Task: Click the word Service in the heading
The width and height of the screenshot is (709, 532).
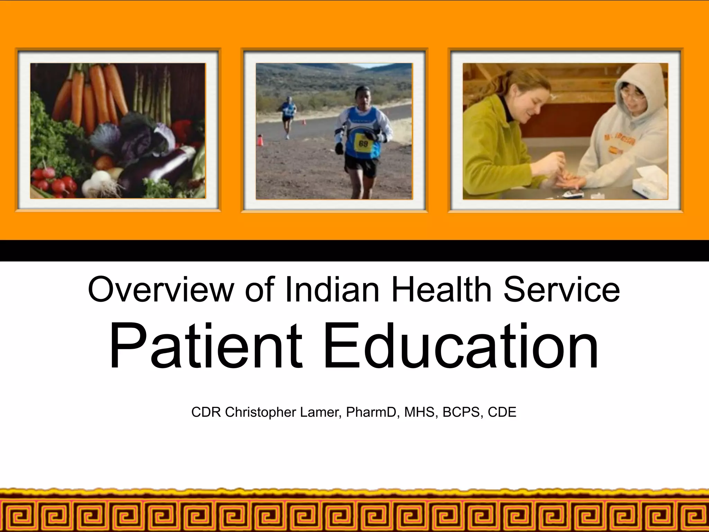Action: [x=561, y=290]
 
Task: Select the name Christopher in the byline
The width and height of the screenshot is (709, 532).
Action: [x=261, y=412]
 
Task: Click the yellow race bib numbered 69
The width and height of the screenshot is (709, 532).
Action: [x=362, y=143]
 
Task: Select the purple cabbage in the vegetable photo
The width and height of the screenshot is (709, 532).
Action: [x=138, y=139]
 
